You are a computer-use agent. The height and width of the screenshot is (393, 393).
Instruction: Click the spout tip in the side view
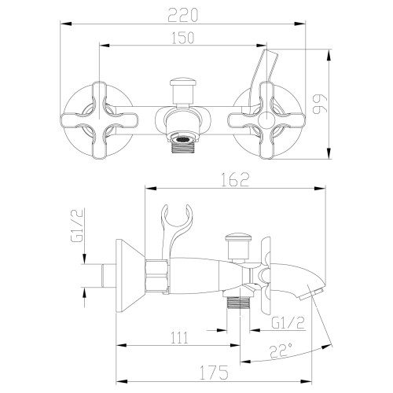click(x=317, y=292)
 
